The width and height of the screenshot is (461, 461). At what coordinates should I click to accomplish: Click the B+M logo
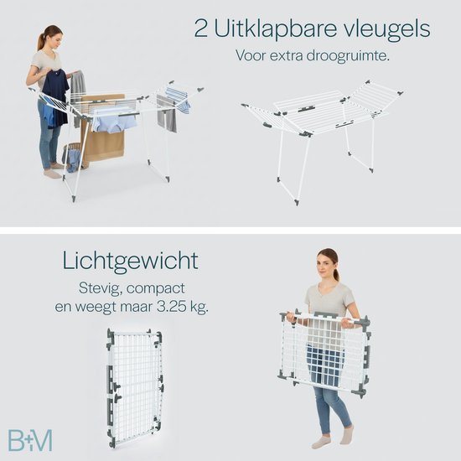coord(30,440)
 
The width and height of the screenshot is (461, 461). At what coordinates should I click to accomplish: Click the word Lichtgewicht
coord(131,261)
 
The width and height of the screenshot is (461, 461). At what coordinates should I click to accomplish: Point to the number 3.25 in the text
coord(171,307)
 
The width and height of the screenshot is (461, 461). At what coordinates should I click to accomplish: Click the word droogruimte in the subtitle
coord(348,55)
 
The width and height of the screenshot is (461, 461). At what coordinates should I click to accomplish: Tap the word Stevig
coord(101,288)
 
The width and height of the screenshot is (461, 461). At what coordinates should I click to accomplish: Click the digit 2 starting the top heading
coord(201,28)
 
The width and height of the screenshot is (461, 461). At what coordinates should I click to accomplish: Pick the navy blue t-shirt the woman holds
coord(55,97)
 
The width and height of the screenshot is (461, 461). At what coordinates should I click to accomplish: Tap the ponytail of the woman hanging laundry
coord(41,41)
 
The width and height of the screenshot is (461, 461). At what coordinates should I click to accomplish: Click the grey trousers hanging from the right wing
coord(167,115)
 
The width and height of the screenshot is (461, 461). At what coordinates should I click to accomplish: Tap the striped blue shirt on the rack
coord(179,98)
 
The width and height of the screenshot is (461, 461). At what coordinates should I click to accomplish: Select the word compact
coord(156,288)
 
